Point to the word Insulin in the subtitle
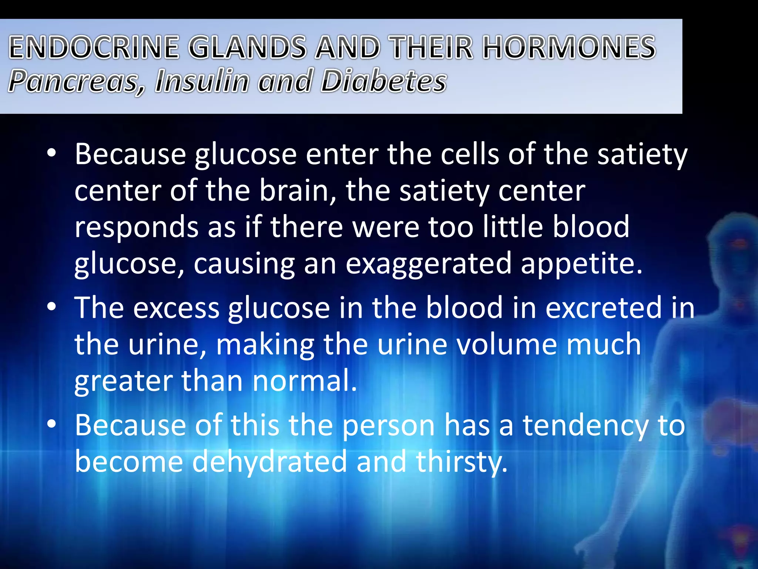click(202, 81)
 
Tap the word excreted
click(603, 307)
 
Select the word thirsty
click(461, 462)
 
